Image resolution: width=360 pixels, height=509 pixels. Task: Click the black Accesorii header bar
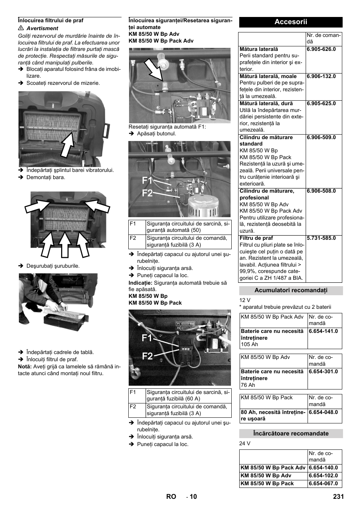point(291,22)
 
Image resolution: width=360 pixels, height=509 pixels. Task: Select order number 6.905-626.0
point(321,49)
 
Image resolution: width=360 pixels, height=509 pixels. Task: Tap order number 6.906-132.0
point(321,76)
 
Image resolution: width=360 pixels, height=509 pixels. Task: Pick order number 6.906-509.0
point(321,137)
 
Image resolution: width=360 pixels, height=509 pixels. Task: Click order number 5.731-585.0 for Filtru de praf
point(321,238)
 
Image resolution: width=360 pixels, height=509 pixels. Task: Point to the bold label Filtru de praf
point(256,238)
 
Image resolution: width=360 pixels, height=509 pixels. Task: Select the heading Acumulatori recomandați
point(291,290)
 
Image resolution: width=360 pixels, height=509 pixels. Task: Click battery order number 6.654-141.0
point(323,331)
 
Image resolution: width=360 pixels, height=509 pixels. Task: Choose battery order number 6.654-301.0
point(323,371)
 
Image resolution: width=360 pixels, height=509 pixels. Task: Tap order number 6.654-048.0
point(323,412)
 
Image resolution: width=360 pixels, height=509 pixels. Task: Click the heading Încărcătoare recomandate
point(291,434)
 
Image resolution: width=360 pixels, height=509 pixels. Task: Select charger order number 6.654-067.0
point(323,483)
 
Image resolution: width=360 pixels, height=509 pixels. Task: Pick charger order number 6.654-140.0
point(323,468)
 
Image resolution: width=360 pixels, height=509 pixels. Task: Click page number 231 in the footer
point(338,497)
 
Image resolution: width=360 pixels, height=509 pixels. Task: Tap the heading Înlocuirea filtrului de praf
point(51,20)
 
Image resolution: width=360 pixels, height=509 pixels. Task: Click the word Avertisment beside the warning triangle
point(42,28)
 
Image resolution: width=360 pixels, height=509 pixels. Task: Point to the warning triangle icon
point(21,28)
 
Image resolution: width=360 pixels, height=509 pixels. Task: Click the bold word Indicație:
point(140,282)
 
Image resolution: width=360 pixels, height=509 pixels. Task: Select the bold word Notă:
point(25,366)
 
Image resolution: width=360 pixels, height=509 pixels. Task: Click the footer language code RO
point(171,497)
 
